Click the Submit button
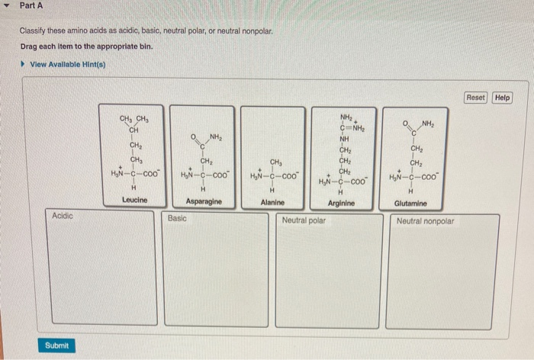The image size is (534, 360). tap(56, 346)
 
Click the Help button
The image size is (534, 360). tap(502, 98)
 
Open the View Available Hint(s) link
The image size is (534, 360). tap(67, 64)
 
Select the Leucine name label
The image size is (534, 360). tap(134, 201)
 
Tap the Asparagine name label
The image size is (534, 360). tap(204, 202)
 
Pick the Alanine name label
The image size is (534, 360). tap(272, 202)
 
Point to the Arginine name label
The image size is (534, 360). tap(341, 204)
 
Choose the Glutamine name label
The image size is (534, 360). tap(411, 204)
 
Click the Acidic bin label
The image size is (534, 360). tap(63, 217)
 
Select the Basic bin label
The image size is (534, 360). tap(177, 218)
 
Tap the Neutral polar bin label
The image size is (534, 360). tap(304, 220)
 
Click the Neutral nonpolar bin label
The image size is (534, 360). tap(425, 221)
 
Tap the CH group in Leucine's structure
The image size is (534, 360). tap(133, 130)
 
